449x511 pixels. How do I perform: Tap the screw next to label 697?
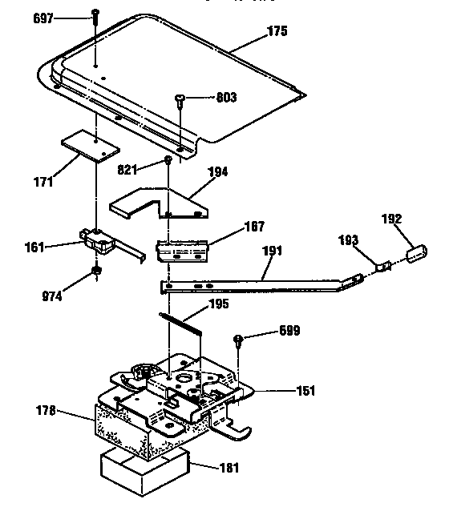[x=95, y=14]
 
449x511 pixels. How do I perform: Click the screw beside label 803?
[x=180, y=99]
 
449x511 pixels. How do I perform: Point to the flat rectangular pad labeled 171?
[x=90, y=147]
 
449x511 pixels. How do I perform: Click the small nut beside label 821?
[x=168, y=161]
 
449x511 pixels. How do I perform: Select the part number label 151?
[x=305, y=392]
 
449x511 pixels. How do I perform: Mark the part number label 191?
[x=273, y=250]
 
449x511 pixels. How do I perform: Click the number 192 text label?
[x=390, y=219]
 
